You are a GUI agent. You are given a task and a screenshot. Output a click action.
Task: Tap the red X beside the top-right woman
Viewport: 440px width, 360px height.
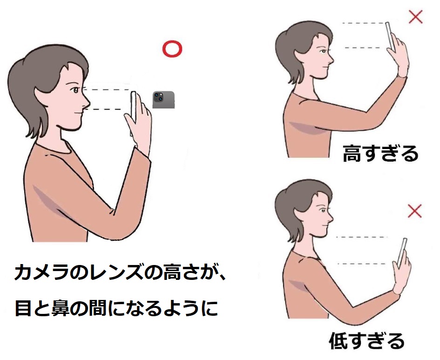pyautogui.click(x=416, y=17)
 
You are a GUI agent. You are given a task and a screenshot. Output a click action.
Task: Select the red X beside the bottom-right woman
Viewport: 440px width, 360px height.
pyautogui.click(x=415, y=211)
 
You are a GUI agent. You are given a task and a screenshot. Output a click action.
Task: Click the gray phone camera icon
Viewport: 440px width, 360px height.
pyautogui.click(x=163, y=100)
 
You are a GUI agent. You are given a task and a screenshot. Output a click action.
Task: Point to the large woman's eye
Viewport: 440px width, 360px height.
pyautogui.click(x=75, y=90)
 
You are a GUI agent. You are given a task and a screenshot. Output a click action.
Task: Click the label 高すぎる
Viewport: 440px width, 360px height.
pyautogui.click(x=380, y=154)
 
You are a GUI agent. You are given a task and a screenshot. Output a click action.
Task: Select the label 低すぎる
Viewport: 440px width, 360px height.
pyautogui.click(x=366, y=340)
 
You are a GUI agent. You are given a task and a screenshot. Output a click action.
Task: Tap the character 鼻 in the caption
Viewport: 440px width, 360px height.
pyautogui.click(x=61, y=308)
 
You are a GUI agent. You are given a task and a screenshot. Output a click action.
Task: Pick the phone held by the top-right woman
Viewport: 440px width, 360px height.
pyautogui.click(x=390, y=36)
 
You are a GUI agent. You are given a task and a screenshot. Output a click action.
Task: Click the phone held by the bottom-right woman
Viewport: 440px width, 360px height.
pyautogui.click(x=402, y=252)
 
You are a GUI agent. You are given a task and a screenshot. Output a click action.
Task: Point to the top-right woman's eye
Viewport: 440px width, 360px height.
pyautogui.click(x=323, y=52)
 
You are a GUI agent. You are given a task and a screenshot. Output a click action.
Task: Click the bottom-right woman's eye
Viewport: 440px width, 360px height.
pyautogui.click(x=323, y=211)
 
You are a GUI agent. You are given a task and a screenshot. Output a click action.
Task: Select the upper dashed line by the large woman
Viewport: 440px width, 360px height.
pyautogui.click(x=107, y=90)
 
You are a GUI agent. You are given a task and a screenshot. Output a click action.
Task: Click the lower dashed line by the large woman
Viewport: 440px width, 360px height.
pyautogui.click(x=104, y=109)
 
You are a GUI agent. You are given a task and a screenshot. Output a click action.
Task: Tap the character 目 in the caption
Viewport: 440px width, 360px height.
pyautogui.click(x=23, y=308)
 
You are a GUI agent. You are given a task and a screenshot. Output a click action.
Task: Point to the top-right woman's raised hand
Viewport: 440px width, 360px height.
pyautogui.click(x=398, y=56)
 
